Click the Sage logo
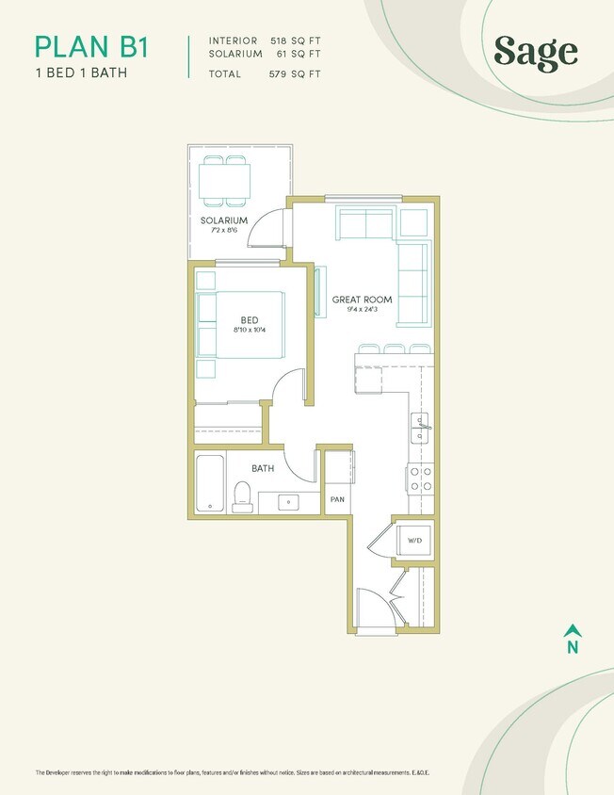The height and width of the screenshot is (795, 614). pos(535,52)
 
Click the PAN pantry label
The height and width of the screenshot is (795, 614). pos(336,499)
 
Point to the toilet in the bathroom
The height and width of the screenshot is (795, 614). pos(242,495)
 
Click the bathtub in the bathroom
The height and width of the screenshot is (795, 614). pos(209,482)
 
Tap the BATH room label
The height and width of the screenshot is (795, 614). pos(263,468)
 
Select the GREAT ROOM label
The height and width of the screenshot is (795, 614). pos(362,300)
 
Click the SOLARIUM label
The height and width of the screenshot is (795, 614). pos(223,220)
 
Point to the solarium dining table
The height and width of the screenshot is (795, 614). pos(224,180)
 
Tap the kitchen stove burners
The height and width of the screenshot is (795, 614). pos(420,479)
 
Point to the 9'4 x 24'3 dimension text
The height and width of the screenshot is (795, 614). pos(362,310)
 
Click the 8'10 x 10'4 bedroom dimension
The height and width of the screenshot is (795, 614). pos(250,330)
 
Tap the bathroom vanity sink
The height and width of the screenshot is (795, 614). pos(290,502)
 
